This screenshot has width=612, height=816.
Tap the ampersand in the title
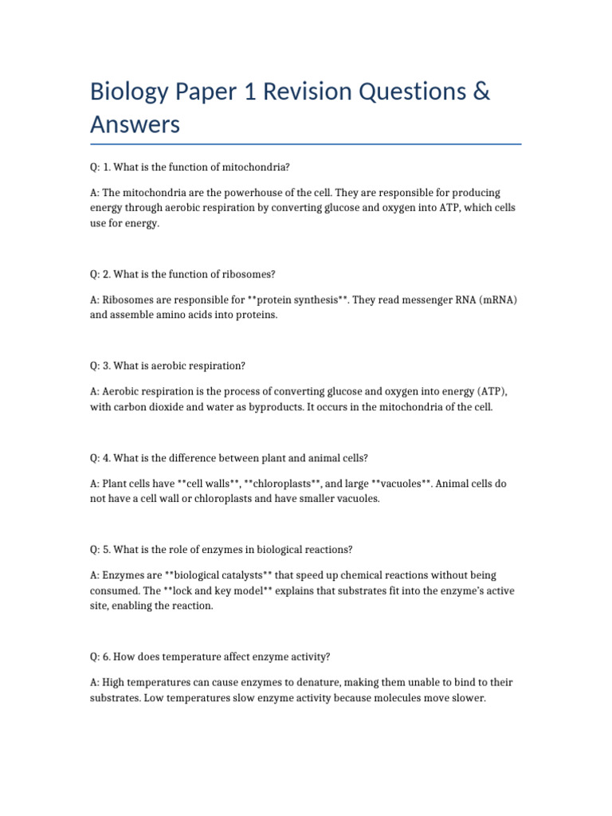click(481, 92)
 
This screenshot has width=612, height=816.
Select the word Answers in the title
click(135, 124)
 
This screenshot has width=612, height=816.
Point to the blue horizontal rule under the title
click(306, 144)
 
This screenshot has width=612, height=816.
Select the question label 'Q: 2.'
click(100, 274)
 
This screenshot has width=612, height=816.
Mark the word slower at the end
click(461, 698)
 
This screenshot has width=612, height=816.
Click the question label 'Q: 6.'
click(100, 657)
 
